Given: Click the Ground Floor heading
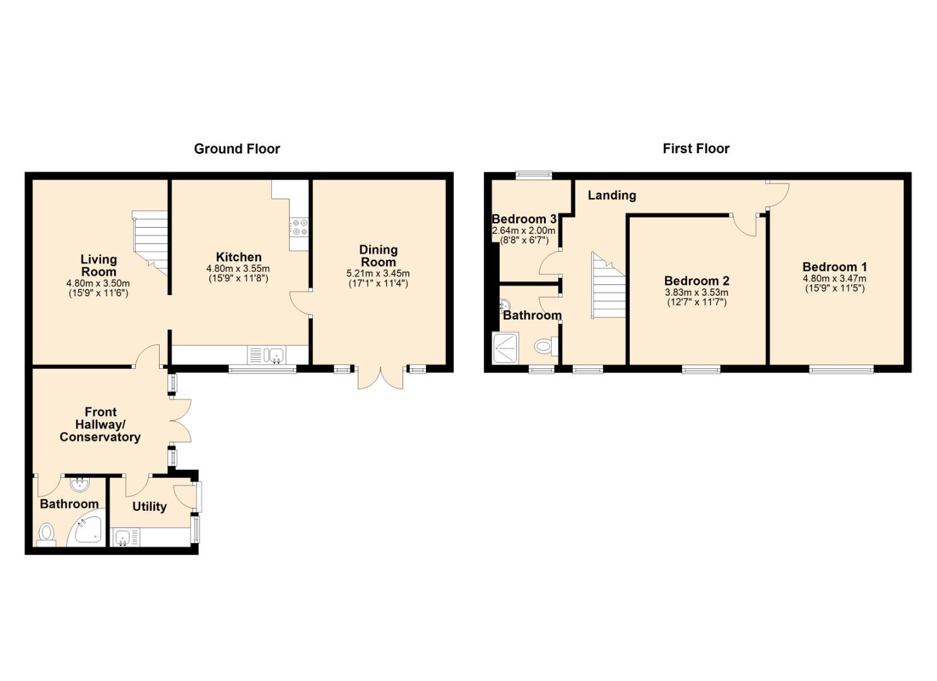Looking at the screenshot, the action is click(x=237, y=149).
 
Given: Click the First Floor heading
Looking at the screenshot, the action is click(x=696, y=148).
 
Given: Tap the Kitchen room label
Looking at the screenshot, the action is click(x=239, y=257).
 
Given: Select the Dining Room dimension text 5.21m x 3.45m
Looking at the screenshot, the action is click(x=378, y=274).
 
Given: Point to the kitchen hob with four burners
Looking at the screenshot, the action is click(x=300, y=227).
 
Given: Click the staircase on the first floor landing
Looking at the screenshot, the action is click(x=608, y=286).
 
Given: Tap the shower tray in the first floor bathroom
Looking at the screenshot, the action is click(x=506, y=347).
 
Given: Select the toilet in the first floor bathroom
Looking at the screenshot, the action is click(x=546, y=346).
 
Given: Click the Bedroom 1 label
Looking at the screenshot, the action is click(x=835, y=267).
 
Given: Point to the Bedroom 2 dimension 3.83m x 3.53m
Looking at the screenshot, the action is click(x=697, y=293).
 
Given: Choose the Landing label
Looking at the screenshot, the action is click(x=612, y=195).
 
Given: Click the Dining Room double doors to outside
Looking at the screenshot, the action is click(x=380, y=378).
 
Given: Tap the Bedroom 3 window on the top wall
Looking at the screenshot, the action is click(x=534, y=175).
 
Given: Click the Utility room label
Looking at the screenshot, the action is click(x=150, y=507).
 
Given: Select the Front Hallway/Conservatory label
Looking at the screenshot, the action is click(x=100, y=425).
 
